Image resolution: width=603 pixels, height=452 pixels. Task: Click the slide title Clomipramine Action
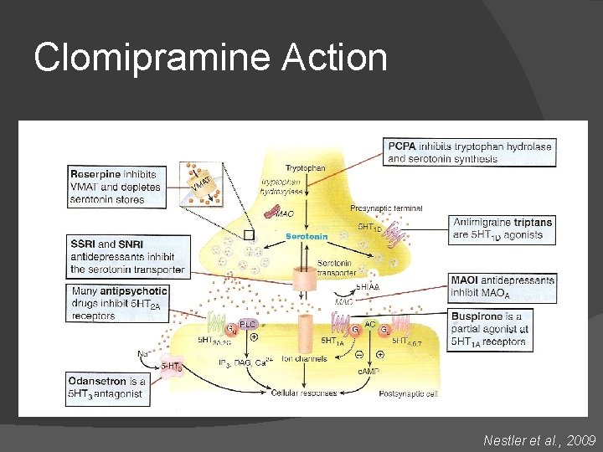coord(210,59)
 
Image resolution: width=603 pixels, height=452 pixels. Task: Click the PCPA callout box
coord(468,152)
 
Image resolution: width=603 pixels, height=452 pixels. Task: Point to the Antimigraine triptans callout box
coord(502,229)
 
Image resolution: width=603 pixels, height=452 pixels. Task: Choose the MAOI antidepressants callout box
coord(502,286)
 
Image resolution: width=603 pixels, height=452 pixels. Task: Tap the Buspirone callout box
coord(502,328)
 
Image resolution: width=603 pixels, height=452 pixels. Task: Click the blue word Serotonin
coord(307,236)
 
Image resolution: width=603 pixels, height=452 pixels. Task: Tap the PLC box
coord(248,324)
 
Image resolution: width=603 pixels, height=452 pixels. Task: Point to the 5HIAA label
coord(368,286)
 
